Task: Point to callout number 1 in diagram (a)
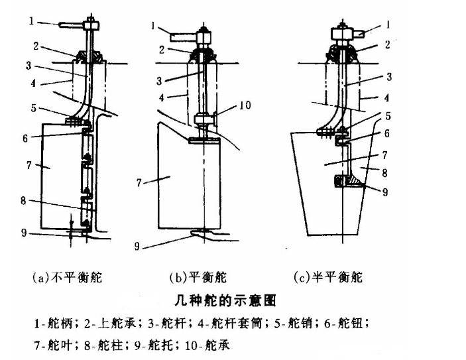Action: click(31, 22)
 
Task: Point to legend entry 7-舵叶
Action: click(56, 345)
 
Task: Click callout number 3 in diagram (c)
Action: click(389, 77)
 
